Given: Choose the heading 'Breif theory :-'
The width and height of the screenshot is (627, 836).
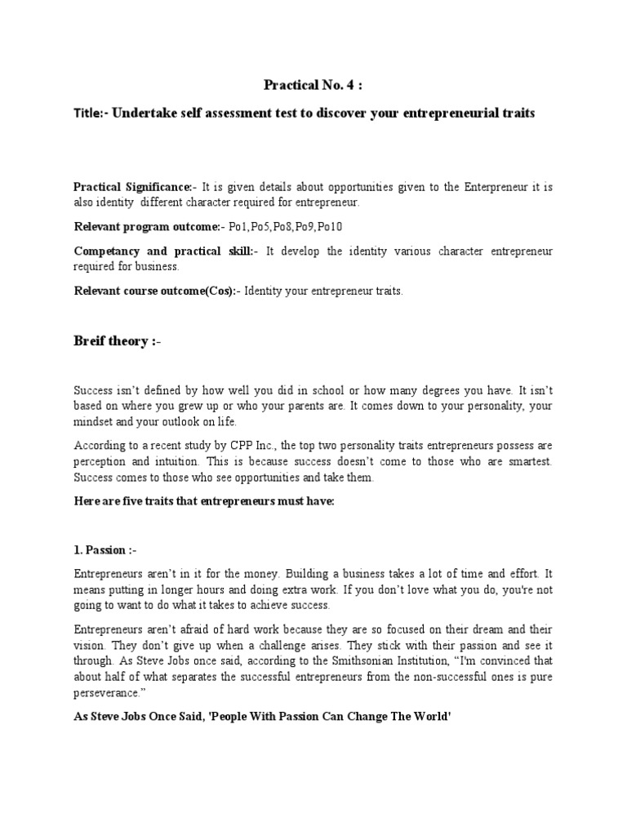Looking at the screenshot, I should click(x=118, y=340).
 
